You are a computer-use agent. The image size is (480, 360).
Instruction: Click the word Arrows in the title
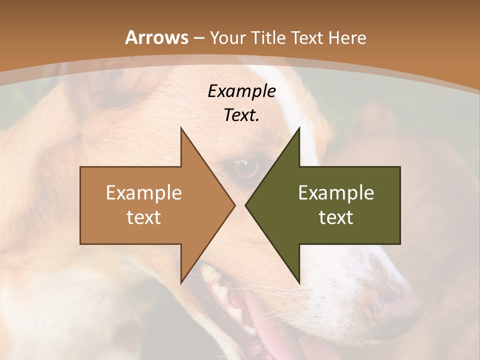point(156,37)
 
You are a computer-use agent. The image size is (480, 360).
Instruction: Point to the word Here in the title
point(348,37)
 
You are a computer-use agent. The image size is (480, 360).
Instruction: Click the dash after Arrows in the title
point(198,38)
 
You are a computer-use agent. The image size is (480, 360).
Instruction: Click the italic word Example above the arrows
point(241,91)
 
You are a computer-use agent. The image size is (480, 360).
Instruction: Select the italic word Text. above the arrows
point(241,115)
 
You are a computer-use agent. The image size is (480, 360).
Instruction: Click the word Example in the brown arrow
point(144,192)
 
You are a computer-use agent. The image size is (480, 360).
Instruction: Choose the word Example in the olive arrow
point(336,192)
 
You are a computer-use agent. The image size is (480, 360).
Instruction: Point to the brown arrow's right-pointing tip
point(234,205)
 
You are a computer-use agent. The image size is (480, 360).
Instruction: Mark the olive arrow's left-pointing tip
point(246,205)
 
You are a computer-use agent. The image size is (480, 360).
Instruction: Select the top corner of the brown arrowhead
point(181,128)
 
